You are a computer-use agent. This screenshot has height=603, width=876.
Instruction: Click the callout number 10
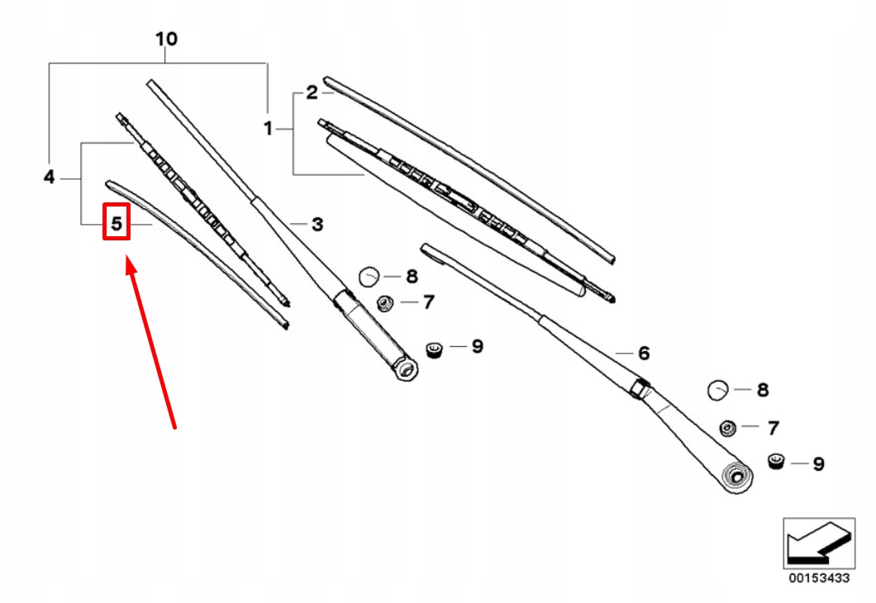[x=166, y=39]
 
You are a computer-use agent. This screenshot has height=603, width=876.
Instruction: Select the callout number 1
[x=268, y=128]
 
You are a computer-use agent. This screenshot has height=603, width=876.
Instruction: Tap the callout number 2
[x=312, y=93]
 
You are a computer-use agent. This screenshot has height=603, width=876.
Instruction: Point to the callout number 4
[x=49, y=177]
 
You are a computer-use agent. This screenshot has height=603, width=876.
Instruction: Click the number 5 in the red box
[x=117, y=223]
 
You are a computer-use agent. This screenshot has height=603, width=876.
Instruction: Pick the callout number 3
[x=317, y=224]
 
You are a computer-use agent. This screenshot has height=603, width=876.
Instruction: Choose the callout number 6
[x=643, y=353]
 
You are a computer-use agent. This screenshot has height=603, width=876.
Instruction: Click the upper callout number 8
[x=412, y=277]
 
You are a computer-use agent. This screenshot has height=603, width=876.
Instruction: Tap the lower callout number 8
[x=762, y=389]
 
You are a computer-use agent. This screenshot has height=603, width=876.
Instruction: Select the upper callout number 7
[x=427, y=302]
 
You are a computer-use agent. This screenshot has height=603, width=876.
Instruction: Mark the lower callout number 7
[x=773, y=428]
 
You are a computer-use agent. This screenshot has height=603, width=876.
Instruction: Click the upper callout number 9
[x=477, y=346]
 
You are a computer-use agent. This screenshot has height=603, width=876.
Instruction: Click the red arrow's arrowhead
[x=131, y=266]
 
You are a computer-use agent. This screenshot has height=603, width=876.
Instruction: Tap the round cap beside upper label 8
[x=369, y=276]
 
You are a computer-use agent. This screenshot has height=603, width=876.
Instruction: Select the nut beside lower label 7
[x=728, y=427]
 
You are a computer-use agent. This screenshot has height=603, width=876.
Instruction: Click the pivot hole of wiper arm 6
[x=733, y=475]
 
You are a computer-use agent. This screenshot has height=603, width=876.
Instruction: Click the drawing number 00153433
[x=817, y=578]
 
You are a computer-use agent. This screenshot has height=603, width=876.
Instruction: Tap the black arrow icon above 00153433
[x=817, y=544]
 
